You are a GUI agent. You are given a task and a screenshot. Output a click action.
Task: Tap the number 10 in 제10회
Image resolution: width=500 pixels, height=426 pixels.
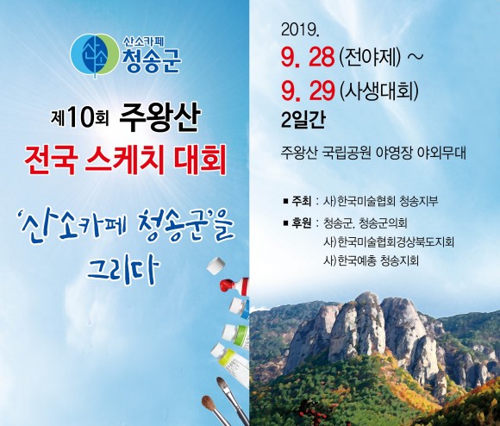pos(79,118)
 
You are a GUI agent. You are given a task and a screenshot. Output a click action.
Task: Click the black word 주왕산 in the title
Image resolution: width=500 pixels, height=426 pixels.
pos(159,117)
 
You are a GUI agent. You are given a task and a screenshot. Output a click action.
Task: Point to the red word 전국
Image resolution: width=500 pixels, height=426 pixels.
pos(51,160)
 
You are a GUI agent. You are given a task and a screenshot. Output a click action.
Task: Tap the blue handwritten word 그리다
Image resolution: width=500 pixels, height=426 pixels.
pos(123,269)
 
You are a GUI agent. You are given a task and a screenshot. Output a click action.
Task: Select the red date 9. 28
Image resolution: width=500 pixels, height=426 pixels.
pos(308,58)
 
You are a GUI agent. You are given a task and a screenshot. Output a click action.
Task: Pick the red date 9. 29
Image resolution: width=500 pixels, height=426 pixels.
pos(308,91)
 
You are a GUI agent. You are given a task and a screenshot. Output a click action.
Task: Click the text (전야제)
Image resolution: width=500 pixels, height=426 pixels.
pos(370,58)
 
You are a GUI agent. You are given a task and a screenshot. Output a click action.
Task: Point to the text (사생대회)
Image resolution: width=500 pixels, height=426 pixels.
pos(379,91)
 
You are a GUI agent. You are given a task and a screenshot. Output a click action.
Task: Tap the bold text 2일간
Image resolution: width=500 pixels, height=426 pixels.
pos(303,120)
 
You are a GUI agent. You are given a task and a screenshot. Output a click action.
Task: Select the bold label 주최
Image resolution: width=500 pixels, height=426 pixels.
pos(301,201)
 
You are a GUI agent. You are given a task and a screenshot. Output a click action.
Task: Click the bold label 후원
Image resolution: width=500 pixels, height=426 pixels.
pos(301,222)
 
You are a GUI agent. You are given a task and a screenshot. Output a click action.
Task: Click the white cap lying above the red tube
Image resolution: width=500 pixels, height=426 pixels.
pos(216,266)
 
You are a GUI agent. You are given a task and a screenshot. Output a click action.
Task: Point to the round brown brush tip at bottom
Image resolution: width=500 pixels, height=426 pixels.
pos(209,403)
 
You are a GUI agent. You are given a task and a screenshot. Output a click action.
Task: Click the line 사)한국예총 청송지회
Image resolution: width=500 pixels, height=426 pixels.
pos(371,260)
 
